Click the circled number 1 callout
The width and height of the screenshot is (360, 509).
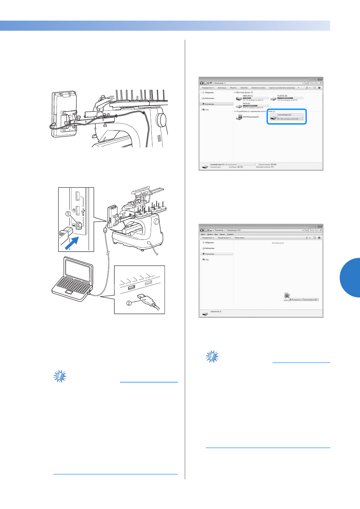[x=68, y=214]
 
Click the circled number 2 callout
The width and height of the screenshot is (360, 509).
[x=129, y=303]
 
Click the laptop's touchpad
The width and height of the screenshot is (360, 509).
[x=69, y=292]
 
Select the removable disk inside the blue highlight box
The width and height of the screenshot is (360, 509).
[x=273, y=117]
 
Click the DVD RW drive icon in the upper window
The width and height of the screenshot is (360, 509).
[x=239, y=117]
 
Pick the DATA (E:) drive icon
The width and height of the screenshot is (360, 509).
[x=239, y=106]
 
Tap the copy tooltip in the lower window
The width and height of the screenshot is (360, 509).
[x=304, y=300]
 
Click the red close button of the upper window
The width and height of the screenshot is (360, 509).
[x=320, y=80]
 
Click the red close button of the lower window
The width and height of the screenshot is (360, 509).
[x=320, y=227]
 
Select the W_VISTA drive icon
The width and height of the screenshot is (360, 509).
[x=273, y=98]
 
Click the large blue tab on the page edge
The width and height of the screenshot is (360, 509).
[x=350, y=278]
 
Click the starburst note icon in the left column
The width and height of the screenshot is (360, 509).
[x=60, y=376]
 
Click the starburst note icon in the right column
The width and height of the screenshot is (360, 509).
[x=212, y=356]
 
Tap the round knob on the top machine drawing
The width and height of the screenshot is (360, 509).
[x=162, y=120]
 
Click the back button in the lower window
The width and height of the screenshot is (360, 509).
[x=202, y=230]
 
